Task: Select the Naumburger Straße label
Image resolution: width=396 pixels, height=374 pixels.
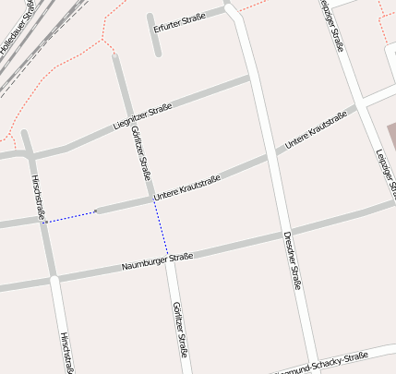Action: click(x=157, y=261)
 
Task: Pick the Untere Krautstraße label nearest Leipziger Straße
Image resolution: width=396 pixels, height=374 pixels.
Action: click(x=316, y=130)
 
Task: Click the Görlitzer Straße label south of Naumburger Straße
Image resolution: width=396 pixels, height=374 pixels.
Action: click(x=180, y=330)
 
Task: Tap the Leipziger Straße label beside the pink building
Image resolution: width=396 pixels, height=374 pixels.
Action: click(x=386, y=172)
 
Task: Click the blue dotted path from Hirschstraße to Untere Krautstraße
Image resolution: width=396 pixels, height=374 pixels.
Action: click(x=71, y=217)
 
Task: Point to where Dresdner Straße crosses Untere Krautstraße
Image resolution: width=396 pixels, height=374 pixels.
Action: click(x=270, y=153)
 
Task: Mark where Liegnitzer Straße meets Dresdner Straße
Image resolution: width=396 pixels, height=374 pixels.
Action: click(x=250, y=79)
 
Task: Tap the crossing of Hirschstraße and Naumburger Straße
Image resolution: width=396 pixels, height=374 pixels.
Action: click(x=51, y=276)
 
